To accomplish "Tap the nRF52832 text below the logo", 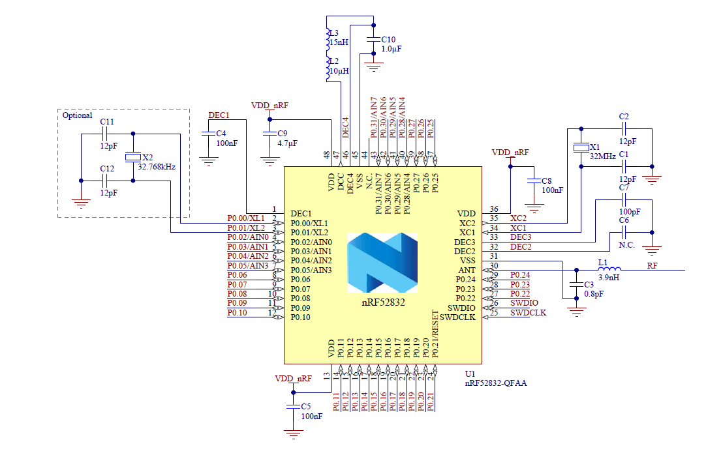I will (x=382, y=302).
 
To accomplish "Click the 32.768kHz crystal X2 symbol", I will (x=132, y=157).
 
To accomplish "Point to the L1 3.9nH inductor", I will (x=609, y=269).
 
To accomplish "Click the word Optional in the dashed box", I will (x=77, y=115).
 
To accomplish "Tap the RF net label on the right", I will (x=652, y=266).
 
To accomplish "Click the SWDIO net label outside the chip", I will (x=524, y=303).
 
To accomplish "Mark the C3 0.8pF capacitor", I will (x=576, y=284).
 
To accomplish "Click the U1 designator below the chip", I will (x=470, y=374).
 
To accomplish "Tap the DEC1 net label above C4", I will (x=219, y=115).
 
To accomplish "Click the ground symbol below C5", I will (x=292, y=431).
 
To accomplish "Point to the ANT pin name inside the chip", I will (x=467, y=270).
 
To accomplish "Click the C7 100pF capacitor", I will (x=623, y=201).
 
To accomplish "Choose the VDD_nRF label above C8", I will (x=510, y=152).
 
